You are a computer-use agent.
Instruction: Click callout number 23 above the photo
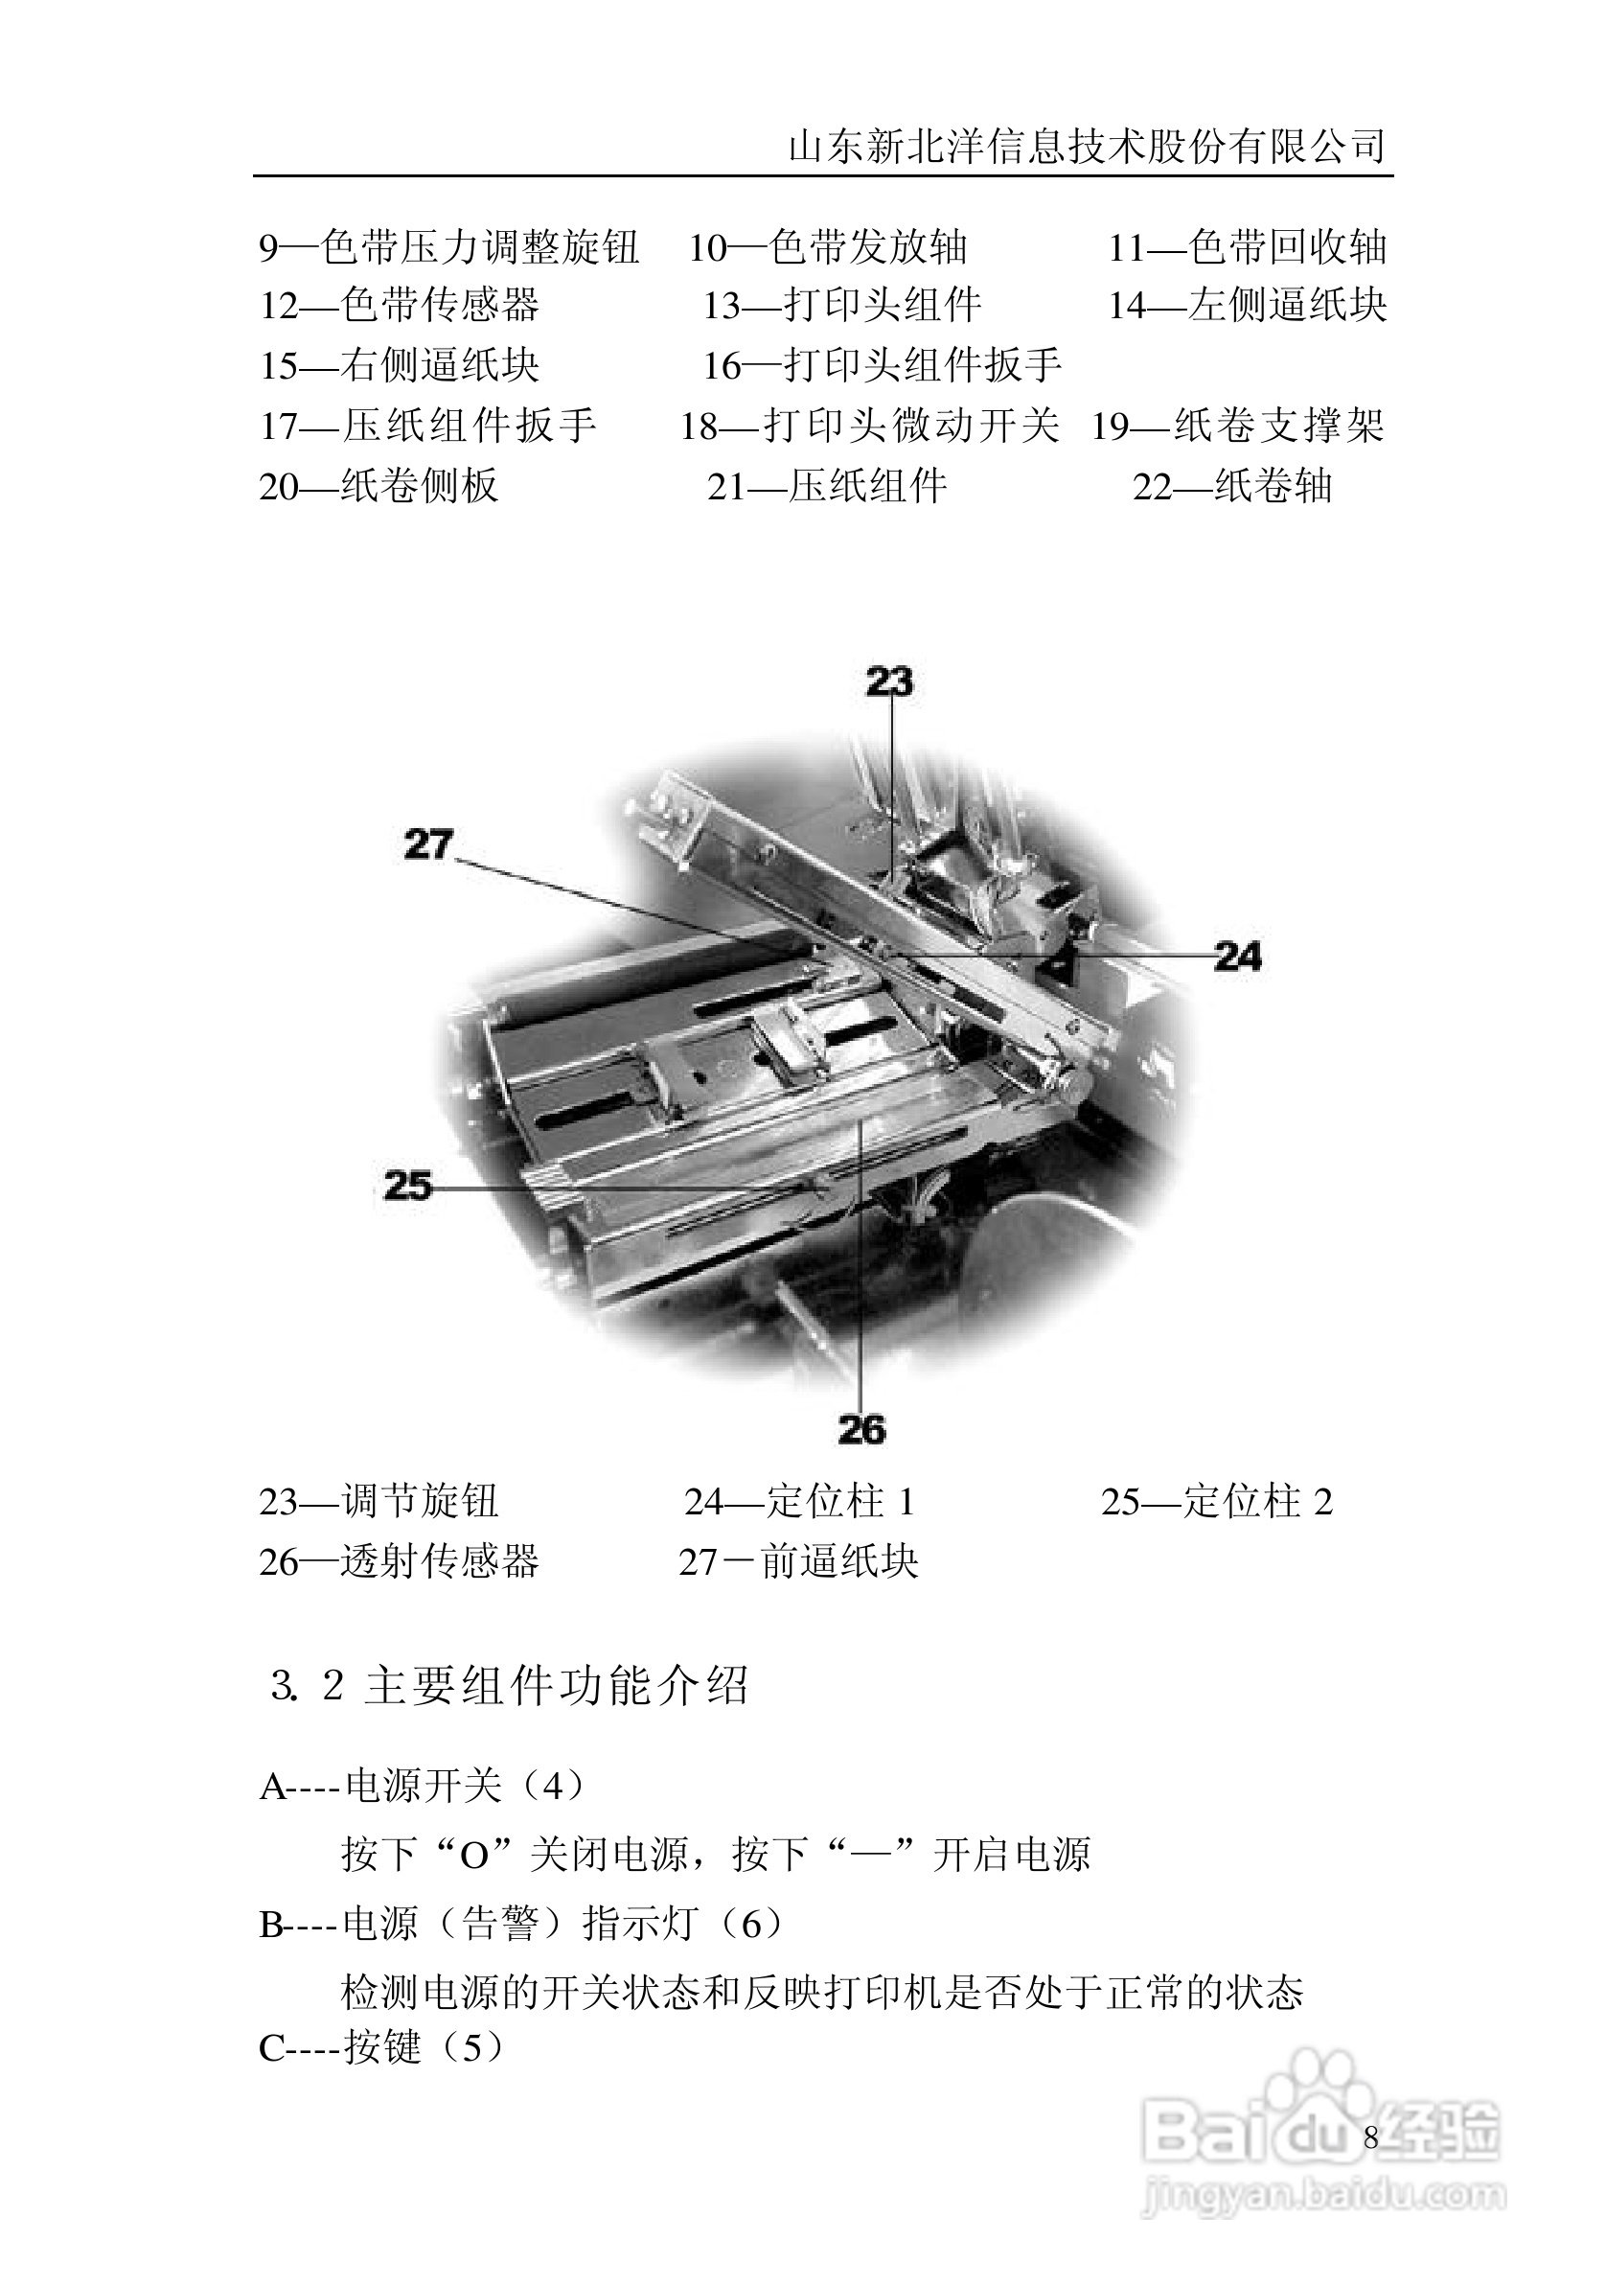888,681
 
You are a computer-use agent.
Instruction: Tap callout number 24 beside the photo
1238,957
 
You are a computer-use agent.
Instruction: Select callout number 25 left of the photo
407,1186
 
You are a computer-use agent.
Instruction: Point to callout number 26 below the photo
861,1430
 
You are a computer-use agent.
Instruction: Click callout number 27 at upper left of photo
429,845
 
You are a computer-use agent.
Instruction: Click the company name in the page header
1087,148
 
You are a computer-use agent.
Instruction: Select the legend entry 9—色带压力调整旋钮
448,247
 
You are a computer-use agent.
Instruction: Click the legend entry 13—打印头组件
841,306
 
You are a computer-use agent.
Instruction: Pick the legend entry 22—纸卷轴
1232,487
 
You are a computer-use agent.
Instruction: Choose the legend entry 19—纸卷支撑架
1238,426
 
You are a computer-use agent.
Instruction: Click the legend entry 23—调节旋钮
379,1502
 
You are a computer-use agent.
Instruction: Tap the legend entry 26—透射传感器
399,1561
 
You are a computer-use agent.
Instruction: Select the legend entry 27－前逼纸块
798,1561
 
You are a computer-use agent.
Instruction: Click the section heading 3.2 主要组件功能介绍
509,1686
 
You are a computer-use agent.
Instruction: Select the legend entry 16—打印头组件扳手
883,365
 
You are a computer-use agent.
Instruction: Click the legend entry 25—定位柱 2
1216,1502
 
